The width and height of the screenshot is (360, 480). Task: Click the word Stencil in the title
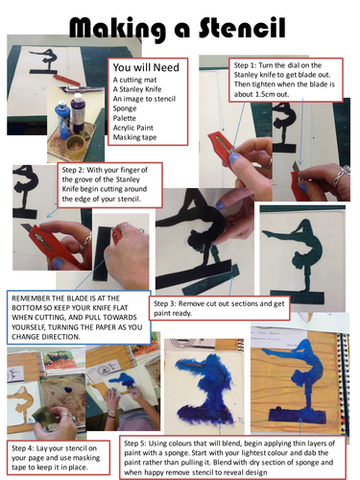[x=242, y=28]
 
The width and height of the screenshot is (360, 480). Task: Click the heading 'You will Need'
[x=146, y=67]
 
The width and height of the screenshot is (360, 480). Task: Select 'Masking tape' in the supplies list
[x=134, y=137]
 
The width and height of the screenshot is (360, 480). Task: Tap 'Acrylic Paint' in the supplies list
[x=133, y=128]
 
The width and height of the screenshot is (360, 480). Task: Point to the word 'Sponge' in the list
[x=125, y=108]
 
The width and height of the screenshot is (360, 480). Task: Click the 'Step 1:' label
[x=245, y=65]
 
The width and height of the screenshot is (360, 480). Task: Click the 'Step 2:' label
[x=73, y=170]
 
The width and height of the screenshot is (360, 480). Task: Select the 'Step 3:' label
[x=165, y=303]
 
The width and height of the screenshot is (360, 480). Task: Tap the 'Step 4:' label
[x=23, y=448]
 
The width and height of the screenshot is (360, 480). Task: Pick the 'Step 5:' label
[x=135, y=444]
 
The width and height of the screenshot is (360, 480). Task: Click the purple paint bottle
[x=78, y=109]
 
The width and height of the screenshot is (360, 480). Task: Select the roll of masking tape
[x=75, y=145]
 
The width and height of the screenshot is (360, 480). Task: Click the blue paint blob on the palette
[x=68, y=390]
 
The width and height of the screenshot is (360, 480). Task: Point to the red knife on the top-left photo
[x=65, y=80]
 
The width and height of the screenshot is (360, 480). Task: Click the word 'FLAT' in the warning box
[x=120, y=308]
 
